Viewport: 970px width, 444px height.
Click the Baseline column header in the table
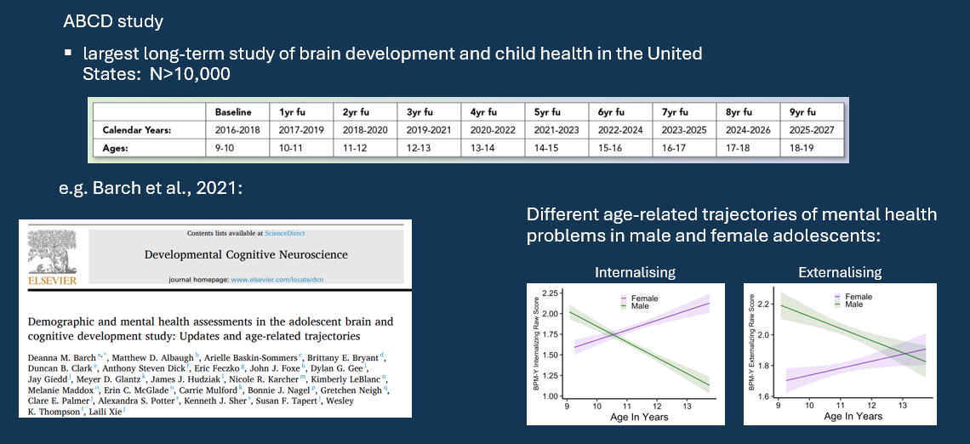[x=232, y=112]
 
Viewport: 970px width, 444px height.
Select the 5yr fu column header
[x=546, y=112]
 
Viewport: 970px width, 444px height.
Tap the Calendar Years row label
[x=138, y=130]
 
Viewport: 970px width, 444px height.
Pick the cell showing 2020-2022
[x=494, y=130]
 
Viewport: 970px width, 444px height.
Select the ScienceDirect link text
[x=286, y=234]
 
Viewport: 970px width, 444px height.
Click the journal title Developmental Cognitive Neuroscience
[x=246, y=254]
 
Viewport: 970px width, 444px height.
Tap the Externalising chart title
[x=840, y=273]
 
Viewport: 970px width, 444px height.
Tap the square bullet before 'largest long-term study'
[x=68, y=54]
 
